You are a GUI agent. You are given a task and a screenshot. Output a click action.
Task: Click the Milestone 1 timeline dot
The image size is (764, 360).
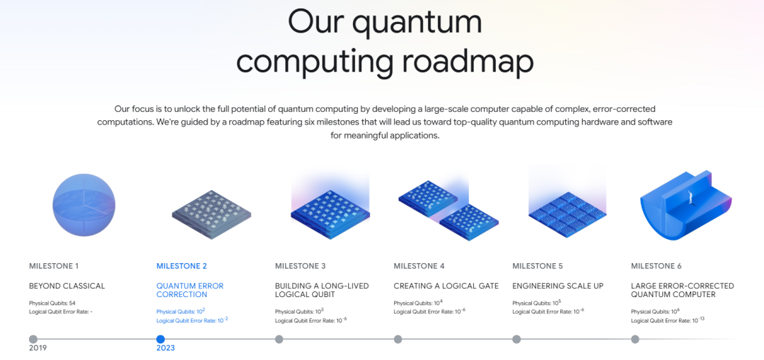pyautogui.click(x=33, y=339)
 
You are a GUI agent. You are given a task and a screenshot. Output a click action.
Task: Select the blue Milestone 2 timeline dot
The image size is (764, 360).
pyautogui.click(x=161, y=339)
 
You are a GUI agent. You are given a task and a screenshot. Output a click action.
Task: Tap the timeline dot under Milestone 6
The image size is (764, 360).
pyautogui.click(x=635, y=339)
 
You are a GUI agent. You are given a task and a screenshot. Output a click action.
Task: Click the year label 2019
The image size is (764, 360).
pyautogui.click(x=38, y=348)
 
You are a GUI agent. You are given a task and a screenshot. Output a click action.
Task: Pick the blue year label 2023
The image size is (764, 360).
pyautogui.click(x=166, y=348)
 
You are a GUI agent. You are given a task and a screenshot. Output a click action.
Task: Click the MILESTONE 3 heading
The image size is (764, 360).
pyautogui.click(x=300, y=266)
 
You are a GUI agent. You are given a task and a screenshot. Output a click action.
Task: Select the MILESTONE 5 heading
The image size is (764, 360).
pyautogui.click(x=538, y=266)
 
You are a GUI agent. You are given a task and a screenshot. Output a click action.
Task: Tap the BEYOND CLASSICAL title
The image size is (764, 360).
pyautogui.click(x=66, y=286)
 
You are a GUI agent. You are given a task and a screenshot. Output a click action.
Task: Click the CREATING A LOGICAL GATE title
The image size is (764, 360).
pyautogui.click(x=446, y=286)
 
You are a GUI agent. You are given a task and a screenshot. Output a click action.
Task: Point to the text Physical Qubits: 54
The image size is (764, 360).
pyautogui.click(x=52, y=303)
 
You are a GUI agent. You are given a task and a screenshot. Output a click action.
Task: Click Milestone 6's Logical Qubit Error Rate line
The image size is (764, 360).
pyautogui.click(x=668, y=320)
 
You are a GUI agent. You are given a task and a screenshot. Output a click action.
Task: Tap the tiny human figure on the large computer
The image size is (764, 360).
pyautogui.click(x=690, y=197)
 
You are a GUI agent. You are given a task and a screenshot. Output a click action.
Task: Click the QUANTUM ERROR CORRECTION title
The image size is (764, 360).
pyautogui.click(x=190, y=291)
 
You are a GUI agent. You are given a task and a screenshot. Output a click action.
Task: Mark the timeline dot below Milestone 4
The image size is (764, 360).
pyautogui.click(x=398, y=339)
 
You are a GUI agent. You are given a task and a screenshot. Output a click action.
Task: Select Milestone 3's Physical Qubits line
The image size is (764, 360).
pyautogui.click(x=299, y=311)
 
